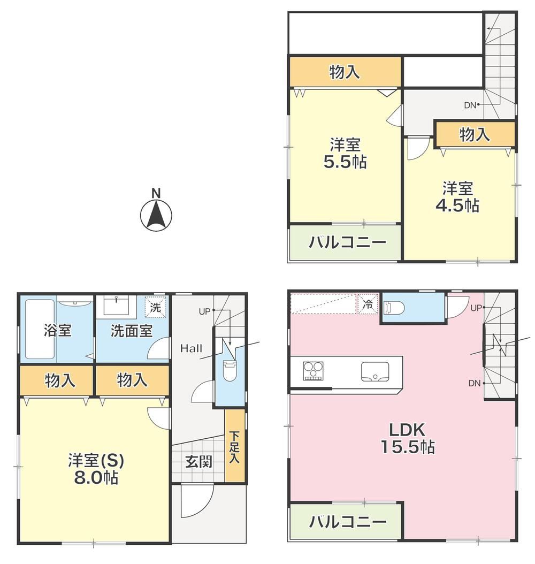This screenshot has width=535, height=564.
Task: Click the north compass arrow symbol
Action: tap(156, 215)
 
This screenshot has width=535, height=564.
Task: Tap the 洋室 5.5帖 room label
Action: tap(345, 154)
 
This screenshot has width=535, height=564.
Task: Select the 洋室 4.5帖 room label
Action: tap(457, 197)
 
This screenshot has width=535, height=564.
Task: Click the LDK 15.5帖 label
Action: tap(407, 438)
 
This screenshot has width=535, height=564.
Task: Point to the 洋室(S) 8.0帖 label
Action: tap(96, 469)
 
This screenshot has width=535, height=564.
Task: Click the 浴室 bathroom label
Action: tap(58, 330)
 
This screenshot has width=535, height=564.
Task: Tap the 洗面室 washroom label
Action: tap(132, 331)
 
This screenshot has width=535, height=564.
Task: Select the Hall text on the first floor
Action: tap(192, 348)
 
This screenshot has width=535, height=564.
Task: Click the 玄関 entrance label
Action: tap(199, 462)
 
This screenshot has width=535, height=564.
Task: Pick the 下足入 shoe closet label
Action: tap(234, 447)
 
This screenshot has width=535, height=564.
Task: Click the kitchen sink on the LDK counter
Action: tap(375, 371)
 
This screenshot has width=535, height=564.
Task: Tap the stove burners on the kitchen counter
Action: tap(313, 371)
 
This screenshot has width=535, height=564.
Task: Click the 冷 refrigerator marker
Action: tap(368, 304)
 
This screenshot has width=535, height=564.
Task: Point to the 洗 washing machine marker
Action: tap(155, 307)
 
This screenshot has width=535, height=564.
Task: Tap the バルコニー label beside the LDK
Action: tap(348, 521)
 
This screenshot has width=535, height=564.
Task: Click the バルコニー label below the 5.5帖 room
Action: tap(347, 242)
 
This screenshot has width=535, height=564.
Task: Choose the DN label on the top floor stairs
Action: tap(470, 105)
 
